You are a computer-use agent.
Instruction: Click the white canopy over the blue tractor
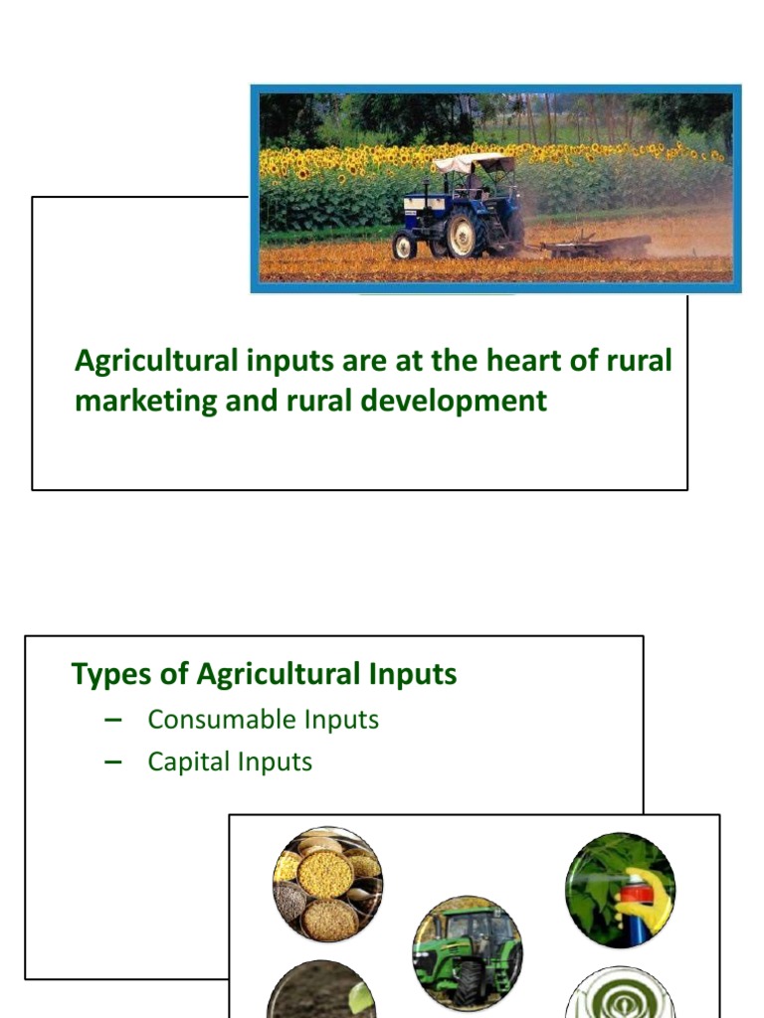[474, 163]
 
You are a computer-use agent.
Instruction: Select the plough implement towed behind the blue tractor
[597, 245]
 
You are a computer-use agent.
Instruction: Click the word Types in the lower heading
[105, 674]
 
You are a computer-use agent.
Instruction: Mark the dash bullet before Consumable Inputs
[111, 719]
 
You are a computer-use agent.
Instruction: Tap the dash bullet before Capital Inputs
[111, 762]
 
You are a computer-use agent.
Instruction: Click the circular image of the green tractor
[467, 952]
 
